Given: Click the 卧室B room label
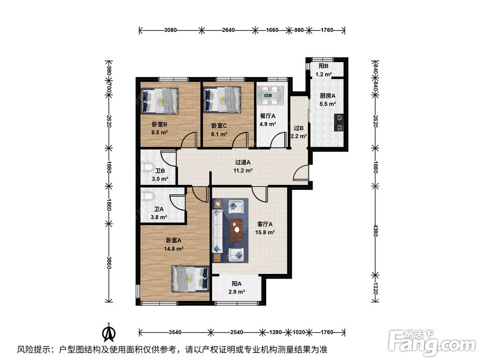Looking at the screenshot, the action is (159, 124).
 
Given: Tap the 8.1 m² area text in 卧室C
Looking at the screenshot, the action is (219, 134).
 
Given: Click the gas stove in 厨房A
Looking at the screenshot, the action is (339, 122).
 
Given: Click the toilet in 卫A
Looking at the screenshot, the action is (147, 196).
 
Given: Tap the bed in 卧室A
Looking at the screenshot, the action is (190, 279).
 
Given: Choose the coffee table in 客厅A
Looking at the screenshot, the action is (237, 230).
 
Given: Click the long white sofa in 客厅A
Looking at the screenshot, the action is (218, 231).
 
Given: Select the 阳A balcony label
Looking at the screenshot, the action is (237, 283).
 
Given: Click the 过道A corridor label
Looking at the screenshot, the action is (243, 162).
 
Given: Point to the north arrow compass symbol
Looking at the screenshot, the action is (109, 332).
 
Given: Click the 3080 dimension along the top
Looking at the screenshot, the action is (170, 30).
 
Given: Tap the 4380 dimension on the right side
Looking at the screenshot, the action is (376, 230).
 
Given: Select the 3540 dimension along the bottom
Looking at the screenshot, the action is (175, 332).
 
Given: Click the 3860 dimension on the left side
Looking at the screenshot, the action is (108, 262).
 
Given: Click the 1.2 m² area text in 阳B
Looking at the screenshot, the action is (323, 75).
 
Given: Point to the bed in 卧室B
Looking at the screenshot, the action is (160, 101).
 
